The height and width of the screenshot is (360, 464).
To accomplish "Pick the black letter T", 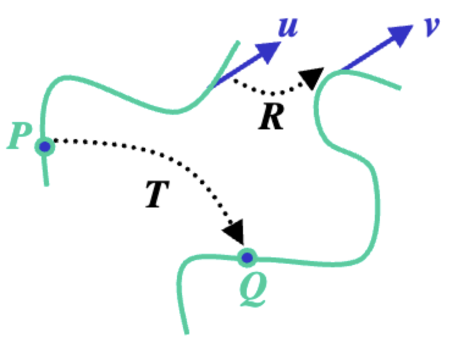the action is tap(156, 195).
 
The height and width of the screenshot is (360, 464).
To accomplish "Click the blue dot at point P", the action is tap(44, 146).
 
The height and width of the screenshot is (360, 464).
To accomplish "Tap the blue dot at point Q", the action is tap(247, 257).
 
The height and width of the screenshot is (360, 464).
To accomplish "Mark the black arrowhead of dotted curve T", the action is tap(235, 231).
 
